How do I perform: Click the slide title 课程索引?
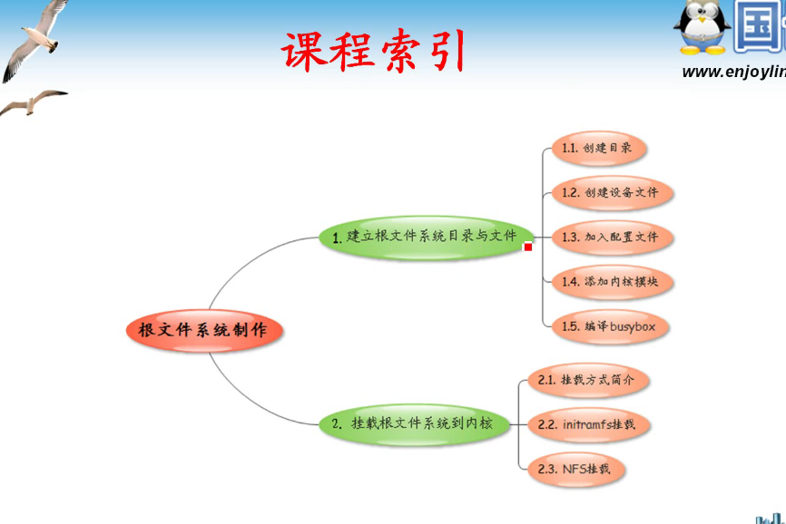point(373,51)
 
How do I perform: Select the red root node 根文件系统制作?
point(203,330)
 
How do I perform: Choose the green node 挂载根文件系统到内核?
point(415,423)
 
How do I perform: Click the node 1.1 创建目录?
point(598,148)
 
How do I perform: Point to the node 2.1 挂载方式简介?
point(588,380)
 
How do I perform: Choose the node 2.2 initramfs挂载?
point(588,424)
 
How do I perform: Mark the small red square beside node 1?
point(528,247)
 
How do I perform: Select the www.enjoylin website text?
point(733,72)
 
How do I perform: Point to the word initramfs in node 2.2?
point(586,424)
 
